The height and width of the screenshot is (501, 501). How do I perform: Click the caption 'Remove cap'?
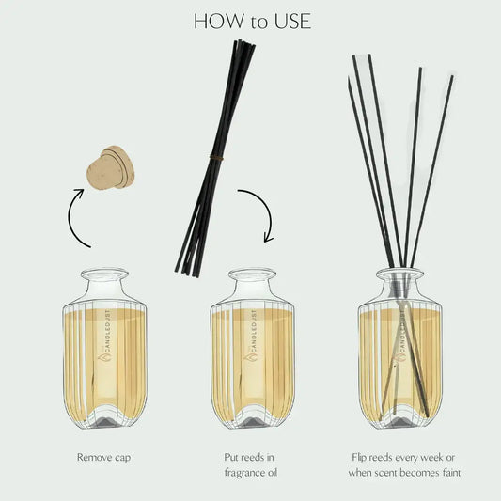point(104,458)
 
